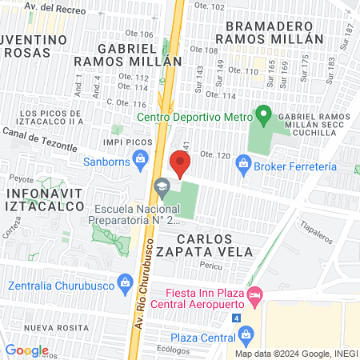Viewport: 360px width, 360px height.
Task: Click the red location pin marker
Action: point(181,164)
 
